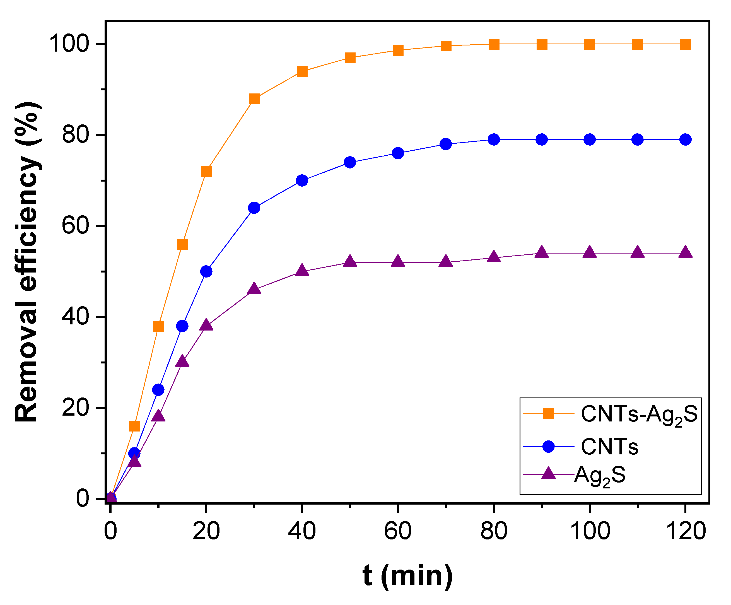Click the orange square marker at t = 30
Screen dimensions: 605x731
(x=254, y=99)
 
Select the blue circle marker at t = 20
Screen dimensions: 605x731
(x=206, y=271)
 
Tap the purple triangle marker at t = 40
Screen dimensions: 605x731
(x=302, y=271)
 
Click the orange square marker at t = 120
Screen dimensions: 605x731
(x=685, y=44)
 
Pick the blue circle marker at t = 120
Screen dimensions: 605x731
(x=685, y=139)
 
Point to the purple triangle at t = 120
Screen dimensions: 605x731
(x=685, y=252)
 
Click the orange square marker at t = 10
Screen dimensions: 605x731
(x=158, y=326)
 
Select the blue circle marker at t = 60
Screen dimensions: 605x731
(x=398, y=153)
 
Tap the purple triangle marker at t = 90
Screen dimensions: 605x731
(x=542, y=252)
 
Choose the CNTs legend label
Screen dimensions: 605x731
(x=609, y=447)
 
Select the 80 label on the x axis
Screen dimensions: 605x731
(x=494, y=531)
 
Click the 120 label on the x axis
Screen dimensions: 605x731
(x=685, y=531)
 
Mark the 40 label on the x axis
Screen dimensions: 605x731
(x=302, y=531)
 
